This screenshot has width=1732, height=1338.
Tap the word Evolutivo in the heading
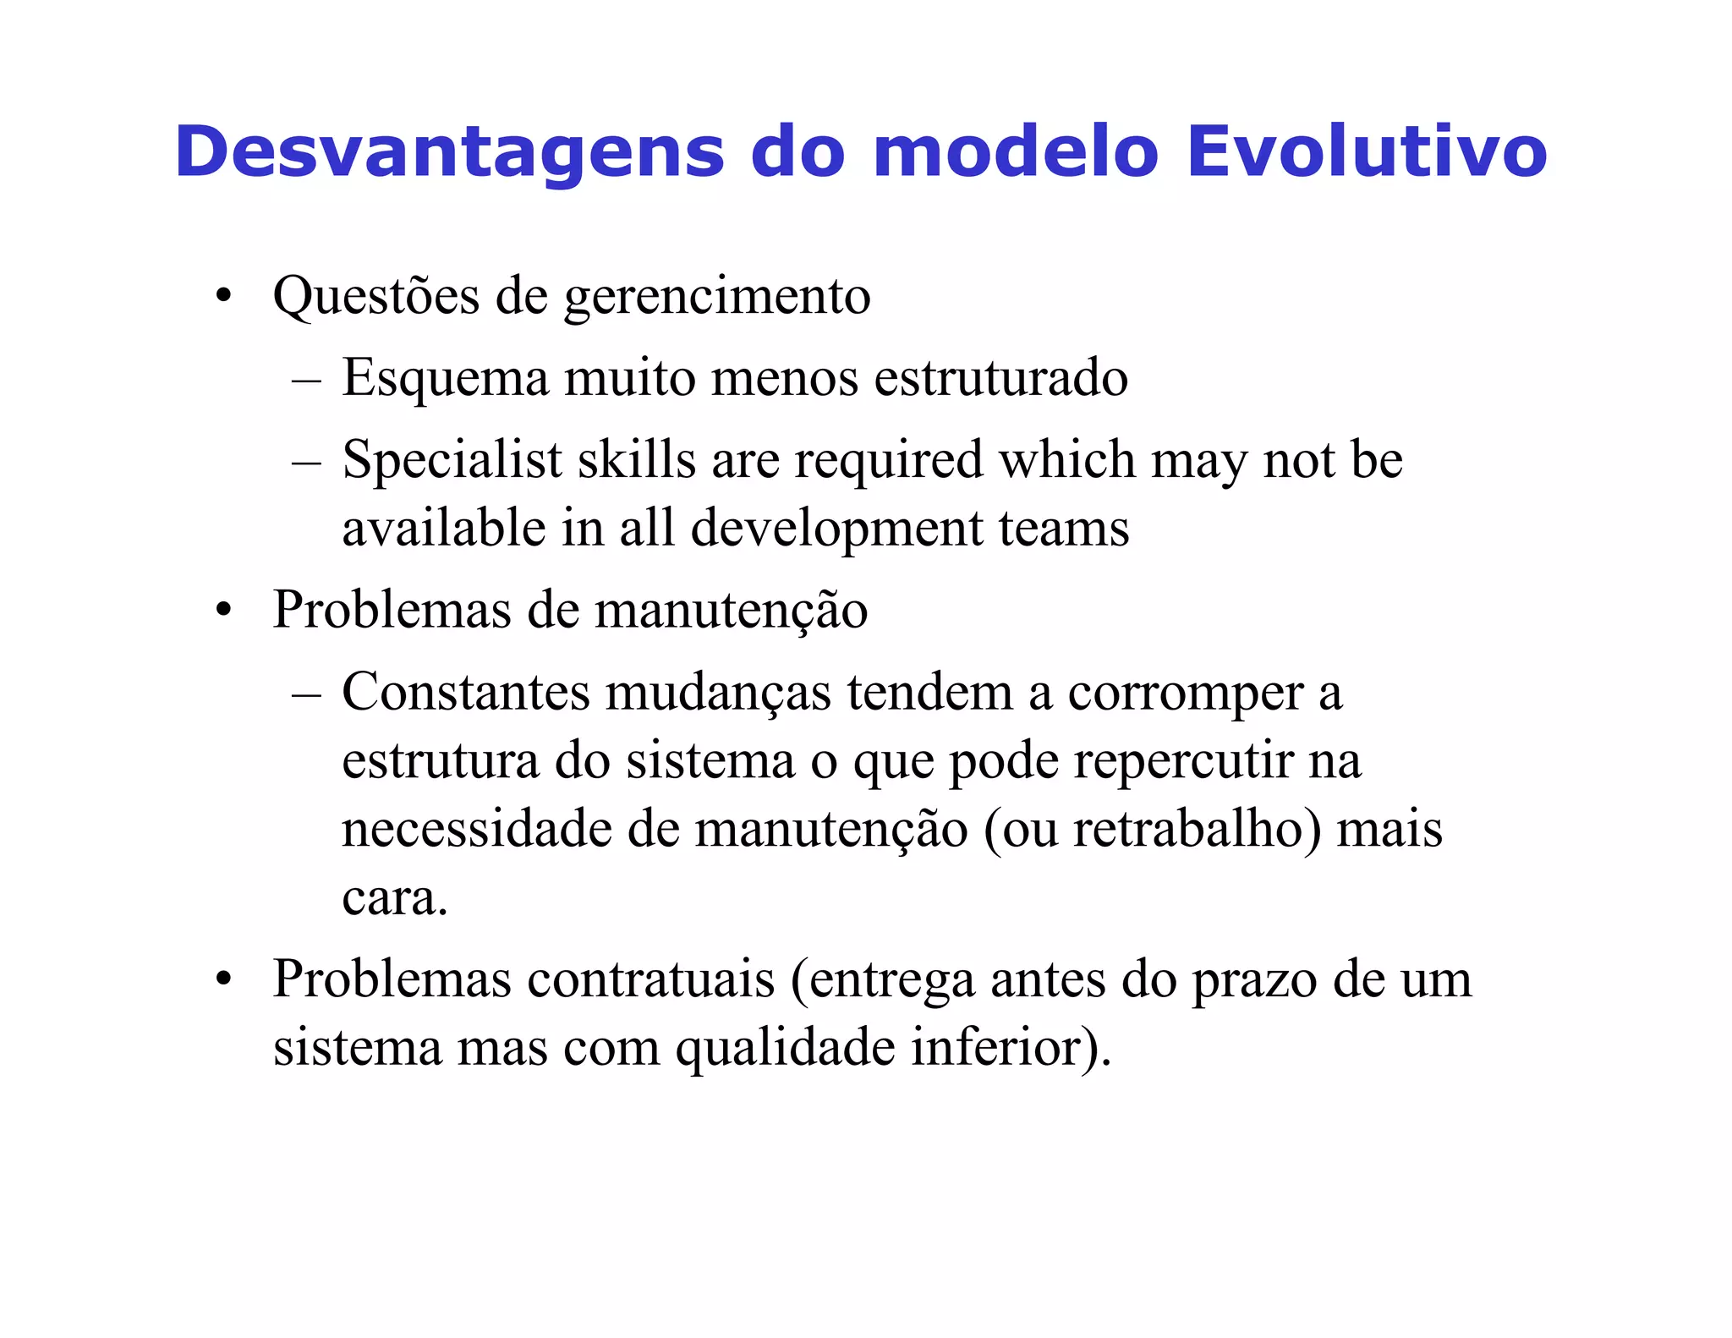(1367, 152)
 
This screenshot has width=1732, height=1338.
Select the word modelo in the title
(1015, 152)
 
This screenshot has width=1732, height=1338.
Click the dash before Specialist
(305, 462)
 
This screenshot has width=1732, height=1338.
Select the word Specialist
(452, 462)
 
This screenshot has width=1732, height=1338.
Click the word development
(836, 529)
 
